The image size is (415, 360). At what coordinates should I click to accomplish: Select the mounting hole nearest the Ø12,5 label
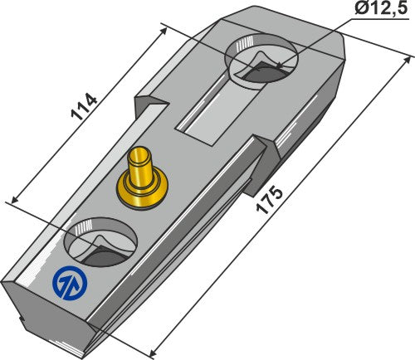(x=261, y=65)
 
